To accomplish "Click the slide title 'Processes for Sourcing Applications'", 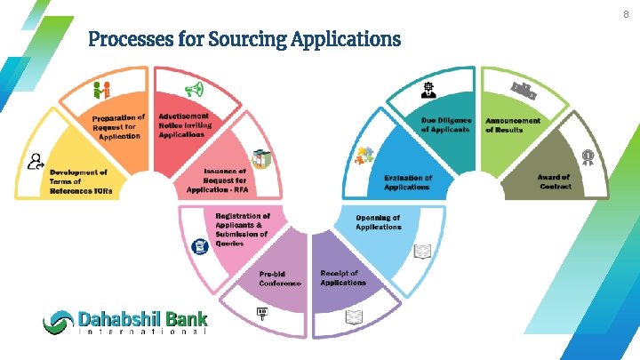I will click(244, 40).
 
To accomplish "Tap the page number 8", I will click(625, 14).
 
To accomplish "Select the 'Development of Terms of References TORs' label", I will click(79, 181).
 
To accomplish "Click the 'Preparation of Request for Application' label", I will click(118, 126).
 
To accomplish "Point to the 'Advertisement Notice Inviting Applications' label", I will click(185, 124).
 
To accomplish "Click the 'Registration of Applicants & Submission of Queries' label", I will click(242, 229).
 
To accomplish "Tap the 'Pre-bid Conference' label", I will click(280, 278).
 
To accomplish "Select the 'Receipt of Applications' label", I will click(343, 277).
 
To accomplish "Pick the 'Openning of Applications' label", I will click(378, 222).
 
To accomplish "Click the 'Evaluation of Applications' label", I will click(408, 182).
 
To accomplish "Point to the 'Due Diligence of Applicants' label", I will click(445, 124).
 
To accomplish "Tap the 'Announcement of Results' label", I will click(512, 124).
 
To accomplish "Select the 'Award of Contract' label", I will click(554, 181).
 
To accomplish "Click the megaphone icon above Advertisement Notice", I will click(193, 89).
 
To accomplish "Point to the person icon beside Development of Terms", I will click(36, 161).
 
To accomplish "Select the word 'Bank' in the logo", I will click(184, 318).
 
